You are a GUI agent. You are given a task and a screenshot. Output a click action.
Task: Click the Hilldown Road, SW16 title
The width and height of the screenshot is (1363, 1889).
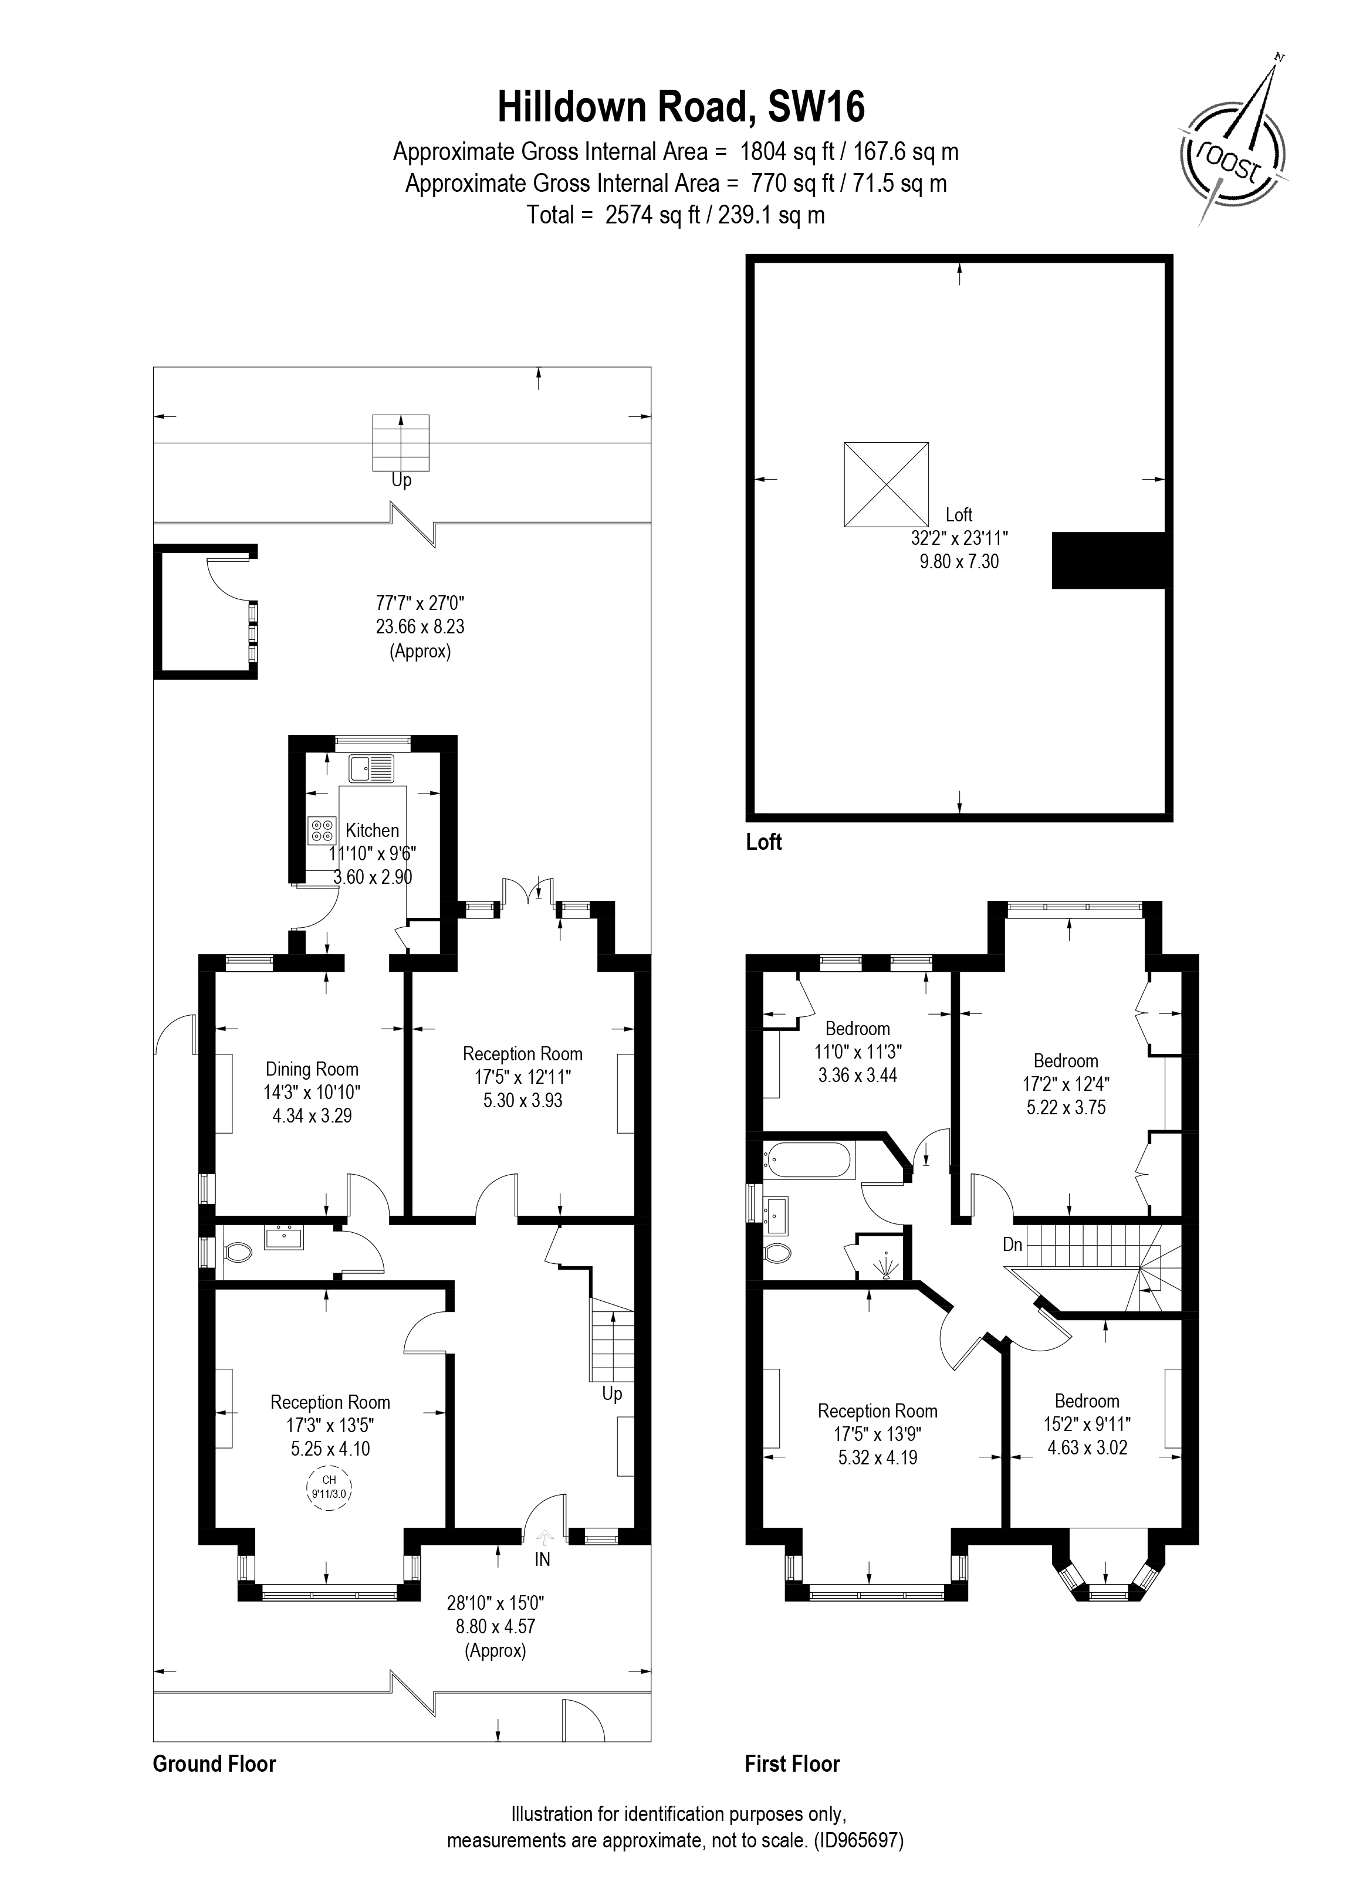click(681, 107)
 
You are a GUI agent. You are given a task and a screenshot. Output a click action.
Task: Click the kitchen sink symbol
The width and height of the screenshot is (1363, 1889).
click(371, 768)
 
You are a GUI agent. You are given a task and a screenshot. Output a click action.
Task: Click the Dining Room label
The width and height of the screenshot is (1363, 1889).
click(312, 1070)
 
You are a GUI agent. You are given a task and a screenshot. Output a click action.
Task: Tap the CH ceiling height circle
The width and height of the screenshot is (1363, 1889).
click(329, 1487)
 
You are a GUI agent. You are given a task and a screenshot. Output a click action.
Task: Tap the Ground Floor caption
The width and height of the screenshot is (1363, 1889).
click(214, 1764)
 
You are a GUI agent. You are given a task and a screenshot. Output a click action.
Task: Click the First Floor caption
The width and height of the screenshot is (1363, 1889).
click(792, 1764)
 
